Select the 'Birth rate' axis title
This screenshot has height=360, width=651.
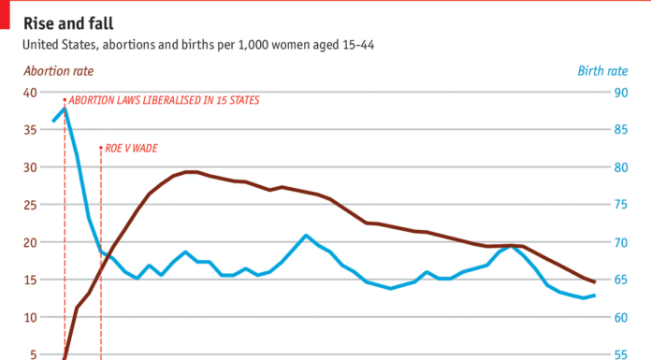[x=602, y=71]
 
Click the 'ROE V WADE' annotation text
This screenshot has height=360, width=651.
[x=131, y=148]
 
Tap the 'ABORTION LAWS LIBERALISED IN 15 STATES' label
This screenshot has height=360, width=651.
[x=165, y=100]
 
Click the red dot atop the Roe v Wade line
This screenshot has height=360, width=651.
[x=100, y=147]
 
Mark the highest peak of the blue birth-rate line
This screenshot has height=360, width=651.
[x=65, y=108]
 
